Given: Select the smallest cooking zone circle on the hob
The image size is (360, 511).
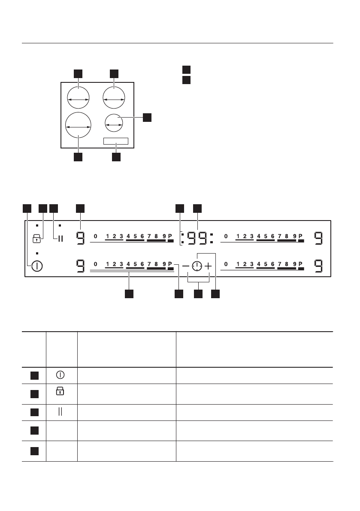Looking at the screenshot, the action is [x=114, y=123].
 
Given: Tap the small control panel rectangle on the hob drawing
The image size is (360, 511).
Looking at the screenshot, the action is [x=116, y=141].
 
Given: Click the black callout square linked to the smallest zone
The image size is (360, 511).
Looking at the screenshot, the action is [x=147, y=117].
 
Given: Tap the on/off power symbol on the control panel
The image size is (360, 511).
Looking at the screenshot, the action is [x=36, y=266].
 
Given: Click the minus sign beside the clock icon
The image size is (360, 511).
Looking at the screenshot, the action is [x=185, y=266].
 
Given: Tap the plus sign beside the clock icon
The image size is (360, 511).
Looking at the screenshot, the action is [x=208, y=266].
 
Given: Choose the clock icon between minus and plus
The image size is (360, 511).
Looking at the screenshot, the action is [x=197, y=266].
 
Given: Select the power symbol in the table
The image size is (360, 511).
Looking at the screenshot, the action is [x=60, y=375].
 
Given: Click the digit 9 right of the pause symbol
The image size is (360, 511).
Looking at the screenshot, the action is [x=80, y=237].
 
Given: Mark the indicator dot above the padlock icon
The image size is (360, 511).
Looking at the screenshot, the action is [x=37, y=225].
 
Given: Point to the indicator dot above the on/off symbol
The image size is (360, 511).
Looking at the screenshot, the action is [x=37, y=253].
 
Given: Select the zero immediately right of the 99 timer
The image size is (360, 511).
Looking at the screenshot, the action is [x=226, y=236].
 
